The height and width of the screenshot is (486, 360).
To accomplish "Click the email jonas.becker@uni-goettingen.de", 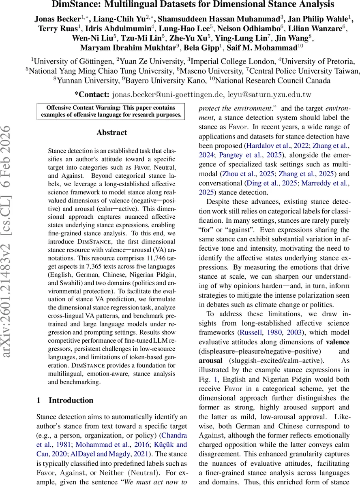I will tap(167, 95).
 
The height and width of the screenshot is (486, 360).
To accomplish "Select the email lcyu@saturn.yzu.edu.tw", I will tap(269, 95).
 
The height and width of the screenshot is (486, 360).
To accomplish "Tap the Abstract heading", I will tap(111, 132).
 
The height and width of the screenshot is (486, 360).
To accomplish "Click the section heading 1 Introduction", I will tap(65, 400).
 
